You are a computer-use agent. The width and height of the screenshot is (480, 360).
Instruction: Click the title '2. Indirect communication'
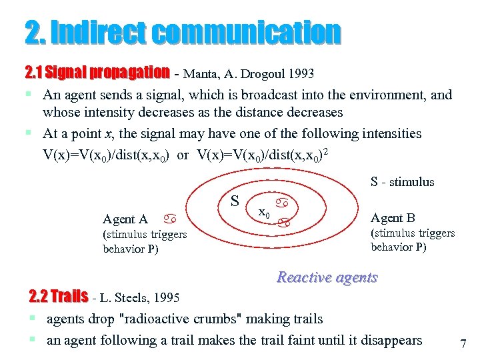pyautogui.click(x=182, y=32)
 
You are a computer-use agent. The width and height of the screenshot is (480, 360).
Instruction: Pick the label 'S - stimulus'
pyautogui.click(x=402, y=182)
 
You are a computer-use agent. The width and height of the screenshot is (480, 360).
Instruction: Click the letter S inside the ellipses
pyautogui.click(x=235, y=201)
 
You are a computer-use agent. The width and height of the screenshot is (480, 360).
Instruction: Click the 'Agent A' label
pyautogui.click(x=125, y=219)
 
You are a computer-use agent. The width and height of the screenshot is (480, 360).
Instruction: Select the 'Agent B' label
pyautogui.click(x=393, y=218)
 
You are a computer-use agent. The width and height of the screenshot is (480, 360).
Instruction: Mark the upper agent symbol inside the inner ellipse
pyautogui.click(x=283, y=201)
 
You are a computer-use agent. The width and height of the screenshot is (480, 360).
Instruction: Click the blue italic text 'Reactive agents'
pyautogui.click(x=327, y=277)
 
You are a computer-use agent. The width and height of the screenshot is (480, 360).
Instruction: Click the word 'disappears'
pyautogui.click(x=391, y=340)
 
